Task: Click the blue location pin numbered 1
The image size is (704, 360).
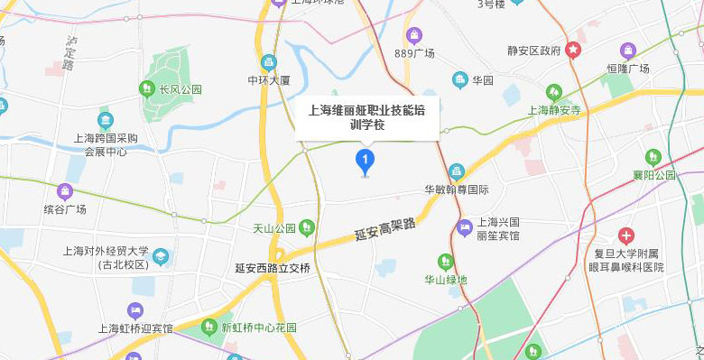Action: [365, 162]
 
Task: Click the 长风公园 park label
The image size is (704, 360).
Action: [181, 89]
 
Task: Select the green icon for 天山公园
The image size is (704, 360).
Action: [307, 227]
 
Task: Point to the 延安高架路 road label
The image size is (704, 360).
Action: [385, 229]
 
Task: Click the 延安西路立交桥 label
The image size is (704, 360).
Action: [272, 268]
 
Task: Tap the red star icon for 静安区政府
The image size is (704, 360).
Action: [573, 51]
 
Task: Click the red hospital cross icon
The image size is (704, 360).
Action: [626, 235]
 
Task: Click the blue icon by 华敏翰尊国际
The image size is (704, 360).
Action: [457, 171]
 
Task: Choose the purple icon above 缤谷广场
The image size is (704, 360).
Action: [64, 191]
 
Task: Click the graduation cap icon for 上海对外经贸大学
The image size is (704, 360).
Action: [161, 257]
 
